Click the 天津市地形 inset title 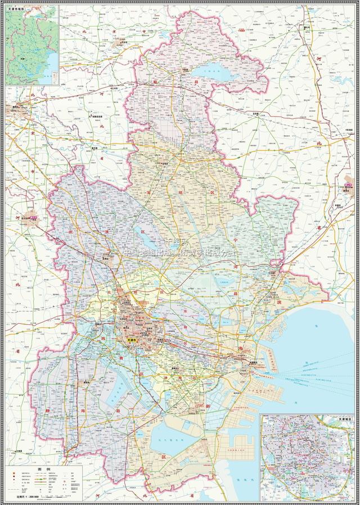point(19,10)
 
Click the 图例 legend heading point(44,469)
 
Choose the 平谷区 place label point(122,42)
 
